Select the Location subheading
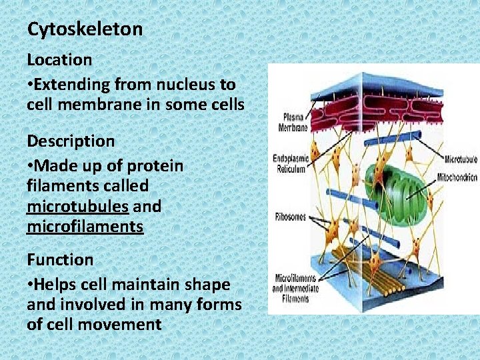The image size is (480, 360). [x=59, y=59]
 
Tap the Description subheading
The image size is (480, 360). [x=71, y=141]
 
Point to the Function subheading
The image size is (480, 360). [x=60, y=259]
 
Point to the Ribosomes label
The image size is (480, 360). [x=290, y=217]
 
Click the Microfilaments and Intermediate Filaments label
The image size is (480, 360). [x=294, y=288]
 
